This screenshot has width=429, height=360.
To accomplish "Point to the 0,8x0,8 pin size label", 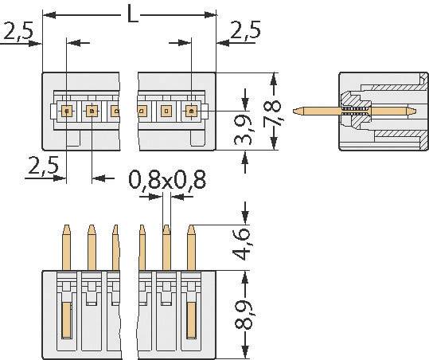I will pos(168,180).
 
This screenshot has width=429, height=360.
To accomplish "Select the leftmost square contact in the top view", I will pos(67,112).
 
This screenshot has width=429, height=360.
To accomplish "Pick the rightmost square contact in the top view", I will pos(192,112).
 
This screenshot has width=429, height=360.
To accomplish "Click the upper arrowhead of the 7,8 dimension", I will pos(275,77).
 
